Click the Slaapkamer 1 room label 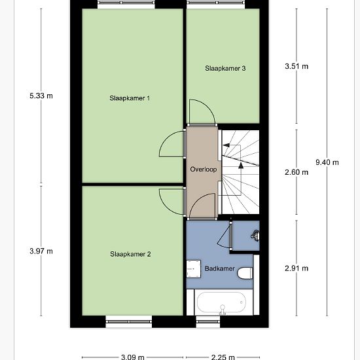click(x=130, y=99)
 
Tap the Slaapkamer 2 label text click(x=130, y=254)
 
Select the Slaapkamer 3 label click(x=225, y=68)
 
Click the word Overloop click(x=203, y=169)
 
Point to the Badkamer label click(x=219, y=268)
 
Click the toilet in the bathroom click(x=245, y=273)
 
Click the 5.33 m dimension click(x=41, y=96)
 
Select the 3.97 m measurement click(x=41, y=251)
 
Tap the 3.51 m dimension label click(x=296, y=66)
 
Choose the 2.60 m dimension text click(x=296, y=173)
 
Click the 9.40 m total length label click(x=327, y=162)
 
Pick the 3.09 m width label click(x=133, y=357)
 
